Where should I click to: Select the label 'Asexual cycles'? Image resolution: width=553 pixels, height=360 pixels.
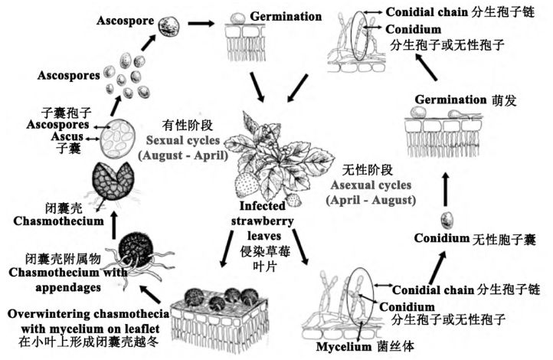(x=371, y=185)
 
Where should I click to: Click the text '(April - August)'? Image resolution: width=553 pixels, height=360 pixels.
(x=371, y=200)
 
